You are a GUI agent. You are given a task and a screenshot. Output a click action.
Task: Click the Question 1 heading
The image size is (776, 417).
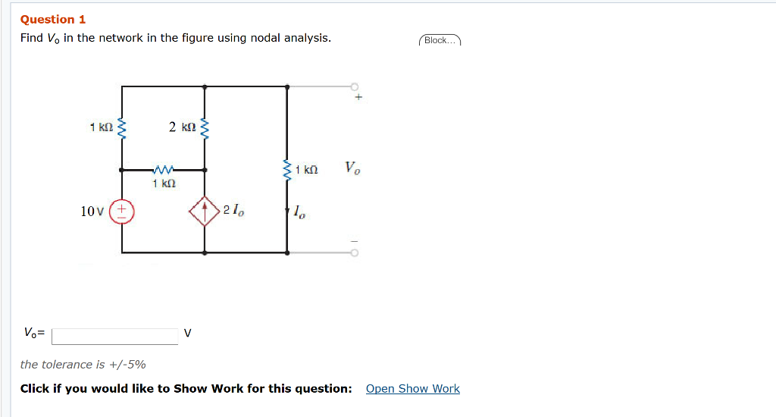point(53,20)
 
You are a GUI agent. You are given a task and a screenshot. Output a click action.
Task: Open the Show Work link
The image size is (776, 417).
point(412,389)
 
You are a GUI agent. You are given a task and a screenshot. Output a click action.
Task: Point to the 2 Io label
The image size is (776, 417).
point(234,211)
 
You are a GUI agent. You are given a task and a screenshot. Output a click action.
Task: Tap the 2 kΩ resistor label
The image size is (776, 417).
point(183,127)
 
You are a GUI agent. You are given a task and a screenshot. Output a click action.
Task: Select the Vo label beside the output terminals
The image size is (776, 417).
point(352,168)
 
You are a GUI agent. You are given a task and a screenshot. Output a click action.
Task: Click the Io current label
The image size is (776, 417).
point(300,213)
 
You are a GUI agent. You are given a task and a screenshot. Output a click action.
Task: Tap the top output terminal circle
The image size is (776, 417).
point(353,86)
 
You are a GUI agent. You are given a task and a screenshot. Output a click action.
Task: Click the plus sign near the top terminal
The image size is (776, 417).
point(359,98)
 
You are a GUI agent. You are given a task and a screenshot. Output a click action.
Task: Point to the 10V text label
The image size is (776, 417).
point(92,212)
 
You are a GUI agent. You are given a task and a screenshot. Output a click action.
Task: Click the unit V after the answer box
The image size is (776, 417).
point(187,333)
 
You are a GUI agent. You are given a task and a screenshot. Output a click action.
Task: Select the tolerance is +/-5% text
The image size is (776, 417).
point(83,365)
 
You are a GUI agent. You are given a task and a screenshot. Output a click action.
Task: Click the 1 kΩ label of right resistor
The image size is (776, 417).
point(307,170)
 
